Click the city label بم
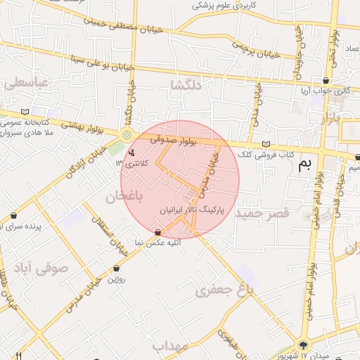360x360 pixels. pyautogui.click(x=304, y=165)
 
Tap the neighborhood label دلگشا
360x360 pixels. pyautogui.click(x=186, y=86)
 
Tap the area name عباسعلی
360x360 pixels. pyautogui.click(x=27, y=83)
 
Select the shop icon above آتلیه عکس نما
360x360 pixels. pyautogui.click(x=157, y=232)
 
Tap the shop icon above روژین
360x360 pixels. pyautogui.click(x=116, y=268)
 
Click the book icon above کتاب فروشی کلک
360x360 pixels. pyautogui.click(x=265, y=144)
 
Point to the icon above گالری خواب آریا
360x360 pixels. pyautogui.click(x=326, y=81)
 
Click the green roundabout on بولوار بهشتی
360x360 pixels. pyautogui.click(x=127, y=135)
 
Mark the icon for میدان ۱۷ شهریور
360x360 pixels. pyautogui.click(x=303, y=345)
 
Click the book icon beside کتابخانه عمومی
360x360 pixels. pyautogui.click(x=26, y=112)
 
